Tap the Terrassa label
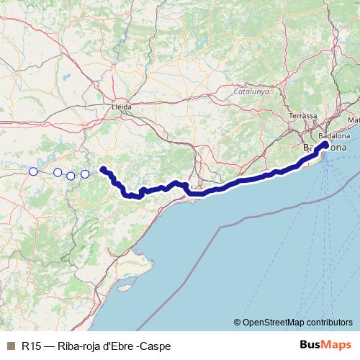pos(302,116)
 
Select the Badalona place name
pos(335,136)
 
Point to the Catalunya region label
pos(251,92)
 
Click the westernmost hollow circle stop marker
pos(33,171)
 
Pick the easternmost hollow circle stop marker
pos(85,174)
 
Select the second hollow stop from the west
pos(58,172)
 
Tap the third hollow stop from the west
pos(71,176)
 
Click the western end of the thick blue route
pos(103,169)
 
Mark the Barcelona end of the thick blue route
pos(325,145)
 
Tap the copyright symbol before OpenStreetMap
pos(237,322)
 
